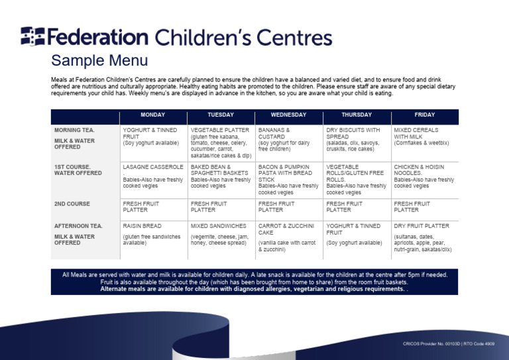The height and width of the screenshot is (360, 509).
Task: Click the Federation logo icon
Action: coord(32,36)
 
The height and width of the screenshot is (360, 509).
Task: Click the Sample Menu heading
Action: coord(99,60)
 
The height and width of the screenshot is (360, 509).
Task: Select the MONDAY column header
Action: coord(153,115)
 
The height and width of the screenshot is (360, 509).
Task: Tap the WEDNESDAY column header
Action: coord(288,115)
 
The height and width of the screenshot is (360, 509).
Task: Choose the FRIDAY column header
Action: coord(425,115)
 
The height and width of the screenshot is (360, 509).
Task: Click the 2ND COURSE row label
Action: coord(72,204)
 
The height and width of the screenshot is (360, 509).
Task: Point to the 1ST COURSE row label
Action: coord(78,170)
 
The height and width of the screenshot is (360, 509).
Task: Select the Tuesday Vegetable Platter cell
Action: coord(221,143)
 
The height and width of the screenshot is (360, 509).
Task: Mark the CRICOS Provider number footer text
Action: coord(449,343)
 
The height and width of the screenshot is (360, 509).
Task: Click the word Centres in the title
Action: coord(294,37)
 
